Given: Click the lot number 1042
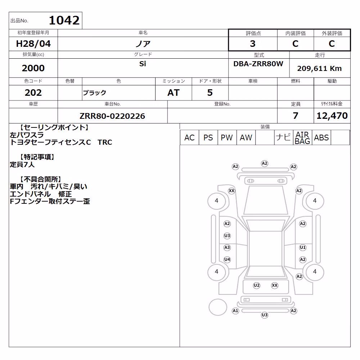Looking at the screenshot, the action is (64, 21).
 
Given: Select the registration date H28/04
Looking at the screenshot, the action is (33, 44).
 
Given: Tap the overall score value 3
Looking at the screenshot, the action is (253, 44).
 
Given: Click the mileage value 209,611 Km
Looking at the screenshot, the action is (319, 68).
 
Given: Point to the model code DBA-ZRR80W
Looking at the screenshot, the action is (258, 64).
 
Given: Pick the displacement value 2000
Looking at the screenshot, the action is (33, 68).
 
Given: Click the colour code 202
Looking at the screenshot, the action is (33, 93).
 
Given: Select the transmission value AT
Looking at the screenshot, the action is (174, 93).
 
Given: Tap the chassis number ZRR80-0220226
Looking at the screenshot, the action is (112, 116).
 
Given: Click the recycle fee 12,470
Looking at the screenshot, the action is (332, 116).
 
